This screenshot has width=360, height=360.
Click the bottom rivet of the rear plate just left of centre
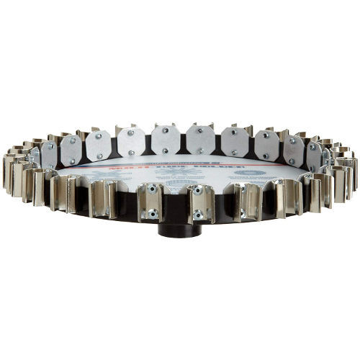[164, 150]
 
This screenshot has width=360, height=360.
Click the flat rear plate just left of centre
[164, 140]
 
